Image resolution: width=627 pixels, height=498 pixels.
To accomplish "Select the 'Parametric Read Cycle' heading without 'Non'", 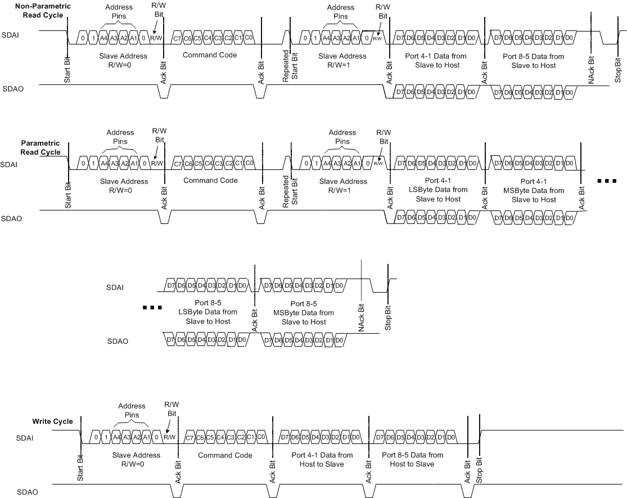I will [x=40, y=148].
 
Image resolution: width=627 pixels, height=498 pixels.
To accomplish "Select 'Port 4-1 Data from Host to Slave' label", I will [x=318, y=459].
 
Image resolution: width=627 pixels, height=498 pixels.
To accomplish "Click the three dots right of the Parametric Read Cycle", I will [x=607, y=181].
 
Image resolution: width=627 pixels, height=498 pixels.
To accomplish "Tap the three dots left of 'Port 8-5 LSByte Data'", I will [x=152, y=308].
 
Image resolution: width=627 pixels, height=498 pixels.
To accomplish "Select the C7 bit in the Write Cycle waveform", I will [x=190, y=437].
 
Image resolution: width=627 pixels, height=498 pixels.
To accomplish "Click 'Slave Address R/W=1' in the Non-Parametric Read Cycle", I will [x=342, y=61].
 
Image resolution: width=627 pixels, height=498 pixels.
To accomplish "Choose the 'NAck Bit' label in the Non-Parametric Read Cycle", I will [x=591, y=69].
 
